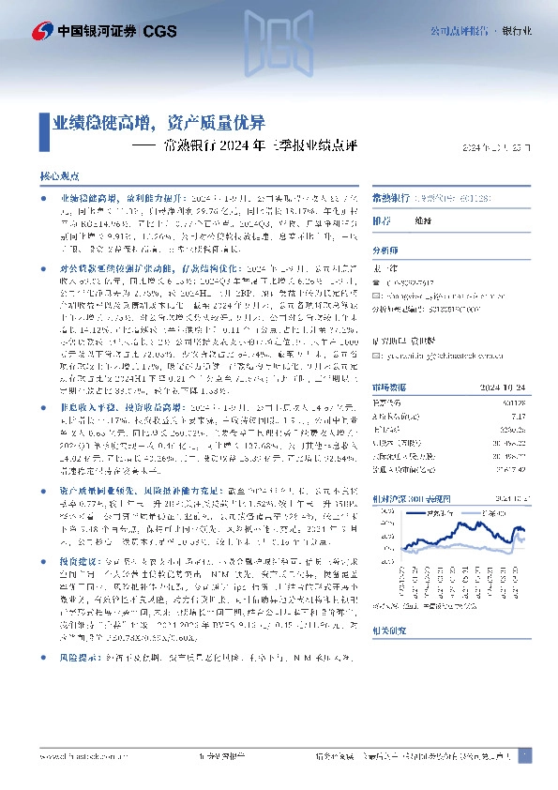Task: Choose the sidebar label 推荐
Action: [382, 221]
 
